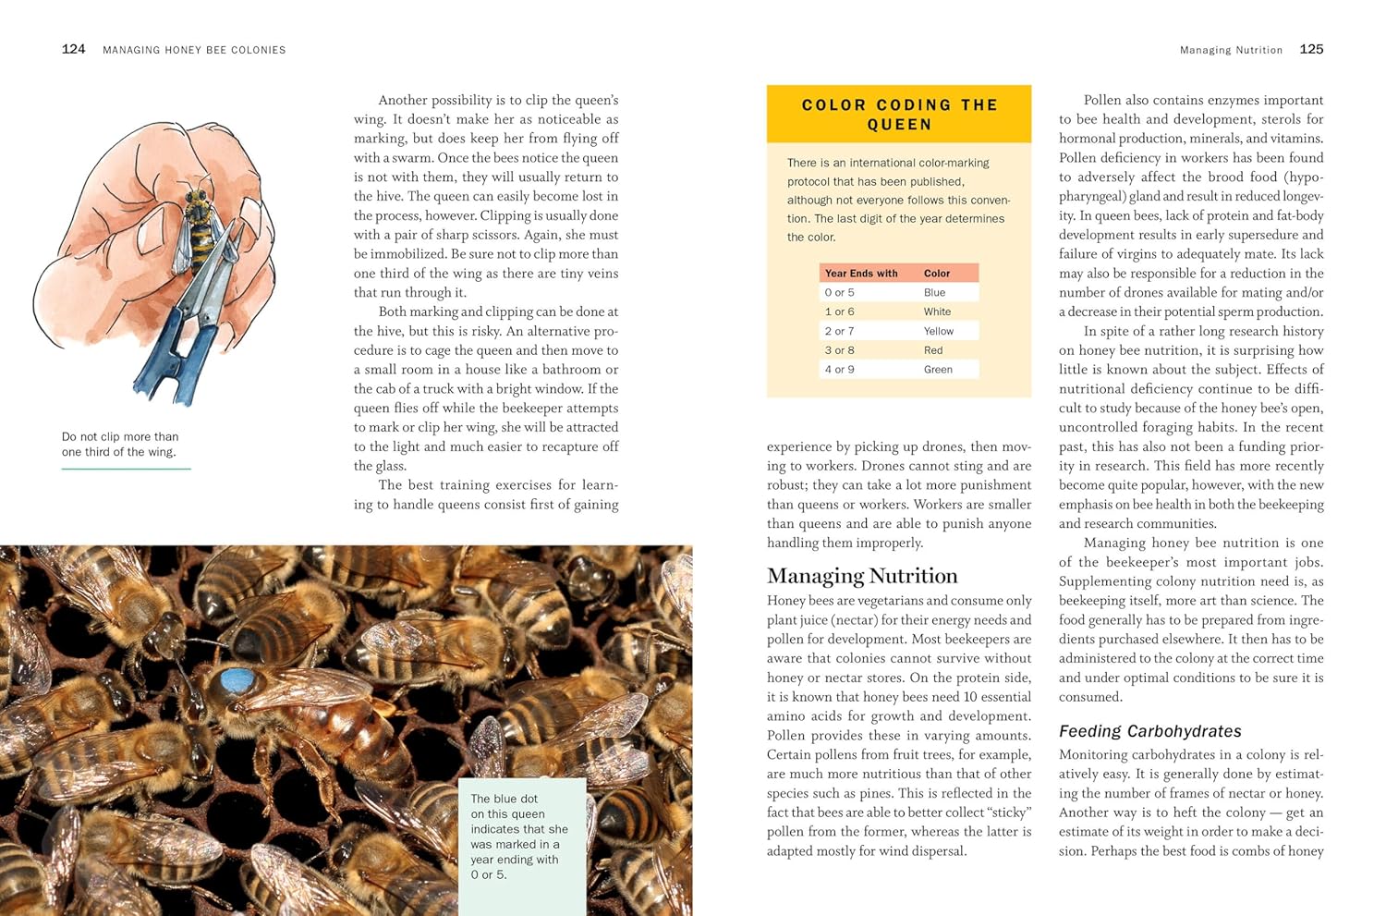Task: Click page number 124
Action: tap(73, 49)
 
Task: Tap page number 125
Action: tap(1311, 49)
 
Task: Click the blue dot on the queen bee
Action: tap(237, 681)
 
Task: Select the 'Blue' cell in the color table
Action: tap(934, 292)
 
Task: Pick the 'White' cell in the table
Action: tap(937, 311)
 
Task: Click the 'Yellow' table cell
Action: tap(938, 331)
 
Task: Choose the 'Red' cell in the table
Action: tap(933, 350)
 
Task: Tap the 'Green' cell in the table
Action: tap(938, 370)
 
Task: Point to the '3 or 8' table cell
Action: tap(839, 350)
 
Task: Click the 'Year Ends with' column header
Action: tap(860, 274)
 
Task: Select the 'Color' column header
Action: tap(936, 274)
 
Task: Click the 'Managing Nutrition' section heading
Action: tap(861, 576)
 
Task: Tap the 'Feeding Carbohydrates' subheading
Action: tap(1149, 731)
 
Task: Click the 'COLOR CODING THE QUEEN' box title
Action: tap(899, 115)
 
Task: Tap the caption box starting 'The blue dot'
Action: tap(522, 837)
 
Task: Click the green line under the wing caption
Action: tap(126, 470)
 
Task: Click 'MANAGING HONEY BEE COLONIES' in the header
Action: tap(194, 50)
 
